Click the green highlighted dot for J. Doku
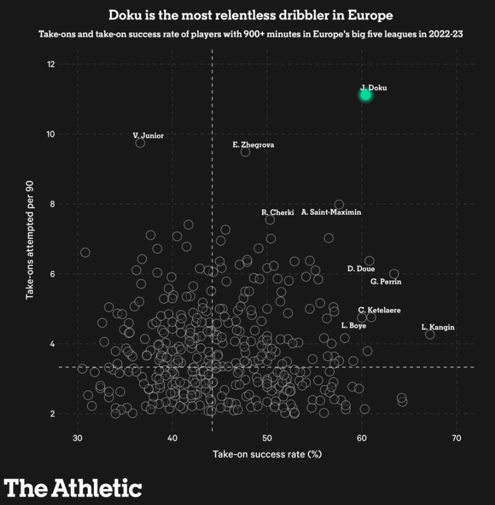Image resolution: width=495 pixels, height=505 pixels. click(365, 95)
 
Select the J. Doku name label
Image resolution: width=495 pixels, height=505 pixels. click(373, 88)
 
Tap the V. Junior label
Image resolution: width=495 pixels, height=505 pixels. click(148, 135)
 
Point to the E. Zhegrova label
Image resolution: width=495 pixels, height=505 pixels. click(254, 145)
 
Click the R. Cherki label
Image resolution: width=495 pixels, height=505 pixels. click(278, 213)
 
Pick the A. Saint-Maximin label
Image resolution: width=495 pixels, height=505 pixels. click(331, 212)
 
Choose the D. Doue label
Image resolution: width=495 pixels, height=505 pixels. click(361, 269)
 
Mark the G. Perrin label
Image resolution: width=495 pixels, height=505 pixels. click(386, 282)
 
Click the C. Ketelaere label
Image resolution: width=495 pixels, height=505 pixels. click(379, 311)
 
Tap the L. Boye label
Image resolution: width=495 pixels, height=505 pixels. click(353, 325)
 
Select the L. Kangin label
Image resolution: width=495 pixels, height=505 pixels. click(438, 328)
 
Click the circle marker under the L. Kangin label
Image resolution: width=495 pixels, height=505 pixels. click(430, 334)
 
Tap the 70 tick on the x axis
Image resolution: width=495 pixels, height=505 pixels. click(456, 438)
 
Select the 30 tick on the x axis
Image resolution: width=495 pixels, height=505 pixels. click(77, 438)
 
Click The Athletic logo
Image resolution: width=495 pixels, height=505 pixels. click(73, 486)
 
